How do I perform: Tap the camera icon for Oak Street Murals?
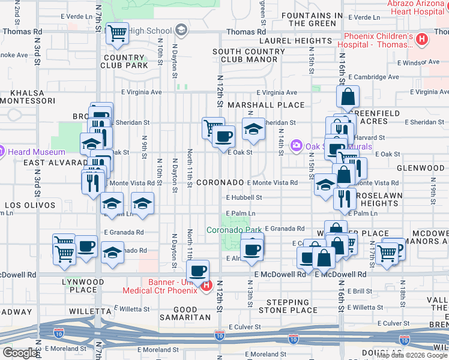(x=296, y=146)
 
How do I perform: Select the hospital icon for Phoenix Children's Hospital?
(x=422, y=40)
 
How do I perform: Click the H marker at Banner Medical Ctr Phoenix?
(x=206, y=286)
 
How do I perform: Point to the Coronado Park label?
(x=235, y=230)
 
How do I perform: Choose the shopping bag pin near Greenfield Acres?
(x=348, y=96)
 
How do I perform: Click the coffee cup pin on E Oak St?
(x=224, y=136)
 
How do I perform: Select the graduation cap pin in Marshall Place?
(x=253, y=128)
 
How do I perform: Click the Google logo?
(x=20, y=353)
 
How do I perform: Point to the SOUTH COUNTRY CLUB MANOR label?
(x=249, y=56)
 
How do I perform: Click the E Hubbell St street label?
(x=244, y=197)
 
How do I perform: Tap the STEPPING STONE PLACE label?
(x=288, y=306)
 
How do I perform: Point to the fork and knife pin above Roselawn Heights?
(x=345, y=199)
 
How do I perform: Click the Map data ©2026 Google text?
(x=412, y=355)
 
